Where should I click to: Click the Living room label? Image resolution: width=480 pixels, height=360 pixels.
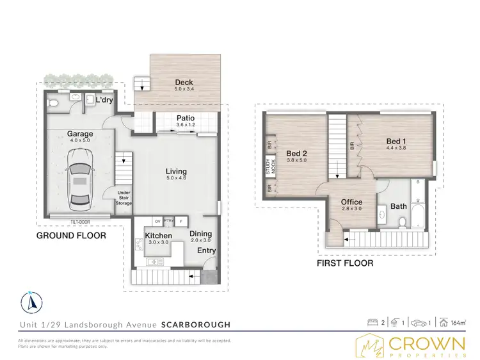pyautogui.click(x=176, y=172)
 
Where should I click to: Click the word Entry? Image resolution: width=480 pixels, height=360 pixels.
pyautogui.click(x=207, y=250)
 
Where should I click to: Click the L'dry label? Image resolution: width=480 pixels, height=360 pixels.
pyautogui.click(x=104, y=101)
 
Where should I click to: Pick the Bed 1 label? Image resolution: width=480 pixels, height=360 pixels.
pyautogui.click(x=396, y=141)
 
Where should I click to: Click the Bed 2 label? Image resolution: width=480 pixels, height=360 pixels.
pyautogui.click(x=296, y=154)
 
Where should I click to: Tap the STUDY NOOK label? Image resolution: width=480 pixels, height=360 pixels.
pyautogui.click(x=269, y=166)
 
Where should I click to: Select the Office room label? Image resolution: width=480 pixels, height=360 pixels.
pyautogui.click(x=351, y=202)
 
